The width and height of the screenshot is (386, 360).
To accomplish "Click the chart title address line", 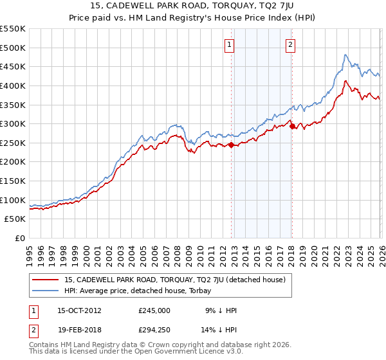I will click(x=192, y=6).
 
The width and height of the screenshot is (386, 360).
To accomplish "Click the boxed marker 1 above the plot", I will click(x=230, y=44).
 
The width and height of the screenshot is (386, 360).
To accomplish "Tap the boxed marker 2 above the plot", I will click(x=291, y=44).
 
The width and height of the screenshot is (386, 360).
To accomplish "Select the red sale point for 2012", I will click(x=232, y=145).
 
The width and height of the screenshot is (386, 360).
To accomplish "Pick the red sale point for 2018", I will click(x=292, y=126).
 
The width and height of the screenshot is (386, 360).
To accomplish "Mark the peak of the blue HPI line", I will click(x=345, y=55).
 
